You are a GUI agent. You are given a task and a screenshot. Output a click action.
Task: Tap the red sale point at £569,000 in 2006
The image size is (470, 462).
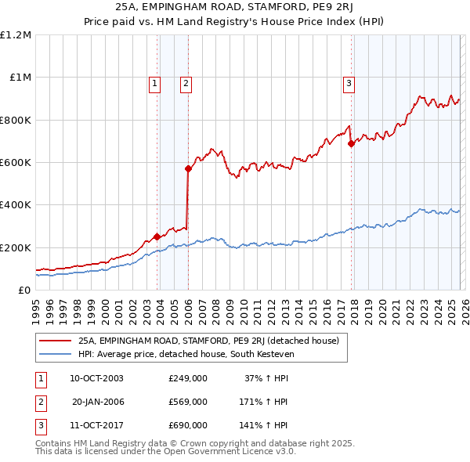pyautogui.click(x=188, y=168)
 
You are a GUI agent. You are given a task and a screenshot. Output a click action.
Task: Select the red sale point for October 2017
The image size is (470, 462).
pyautogui.click(x=351, y=143)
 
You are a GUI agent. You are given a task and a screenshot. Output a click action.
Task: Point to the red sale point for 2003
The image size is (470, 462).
pyautogui.click(x=157, y=236)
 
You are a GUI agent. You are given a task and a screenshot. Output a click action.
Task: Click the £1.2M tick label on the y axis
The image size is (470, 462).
pyautogui.click(x=16, y=35)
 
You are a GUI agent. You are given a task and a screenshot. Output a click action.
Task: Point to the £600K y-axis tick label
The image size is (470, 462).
pyautogui.click(x=16, y=163)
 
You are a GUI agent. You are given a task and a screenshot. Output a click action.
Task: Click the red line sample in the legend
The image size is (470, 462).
pyautogui.click(x=55, y=341)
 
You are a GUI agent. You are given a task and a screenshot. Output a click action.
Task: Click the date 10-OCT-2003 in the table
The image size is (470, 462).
pyautogui.click(x=96, y=378)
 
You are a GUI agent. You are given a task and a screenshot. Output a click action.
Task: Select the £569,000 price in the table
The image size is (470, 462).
pyautogui.click(x=188, y=402)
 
